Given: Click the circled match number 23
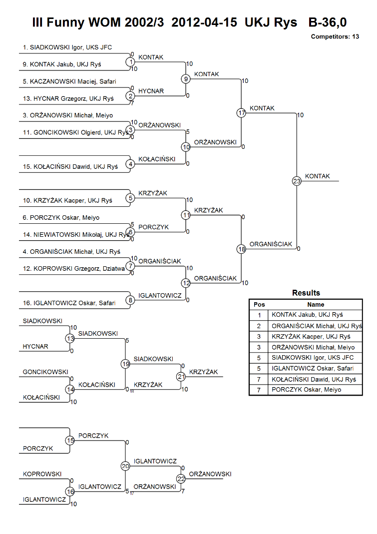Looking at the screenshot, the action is click(x=297, y=181).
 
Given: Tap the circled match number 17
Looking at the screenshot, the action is click(x=241, y=113).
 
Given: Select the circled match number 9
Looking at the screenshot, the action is click(x=186, y=79).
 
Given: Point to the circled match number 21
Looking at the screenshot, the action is click(x=181, y=376).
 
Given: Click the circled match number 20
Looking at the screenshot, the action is click(x=125, y=466).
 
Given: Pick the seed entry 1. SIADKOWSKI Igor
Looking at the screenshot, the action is click(x=67, y=47).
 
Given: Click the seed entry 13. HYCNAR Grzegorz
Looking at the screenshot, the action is click(x=68, y=98).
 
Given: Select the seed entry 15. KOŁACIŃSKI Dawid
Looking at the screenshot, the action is click(x=70, y=166).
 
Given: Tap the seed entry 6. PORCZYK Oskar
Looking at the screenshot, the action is click(x=61, y=218).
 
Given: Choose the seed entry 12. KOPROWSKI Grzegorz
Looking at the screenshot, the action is click(x=73, y=269).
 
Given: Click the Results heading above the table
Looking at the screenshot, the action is click(x=306, y=293).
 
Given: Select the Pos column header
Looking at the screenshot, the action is click(x=259, y=304).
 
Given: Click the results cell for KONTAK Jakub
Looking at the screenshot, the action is click(x=307, y=315).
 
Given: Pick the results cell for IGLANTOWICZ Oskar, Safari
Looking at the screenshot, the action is click(x=313, y=369).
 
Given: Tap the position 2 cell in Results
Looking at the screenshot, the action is click(x=259, y=326).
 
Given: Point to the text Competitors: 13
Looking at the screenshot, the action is click(x=335, y=37).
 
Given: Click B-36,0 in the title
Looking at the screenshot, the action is click(x=327, y=22).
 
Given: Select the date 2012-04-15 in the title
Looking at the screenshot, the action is click(x=204, y=22).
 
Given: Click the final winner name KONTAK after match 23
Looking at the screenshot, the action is click(x=318, y=176).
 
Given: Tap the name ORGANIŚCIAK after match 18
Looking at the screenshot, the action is click(x=271, y=244).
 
